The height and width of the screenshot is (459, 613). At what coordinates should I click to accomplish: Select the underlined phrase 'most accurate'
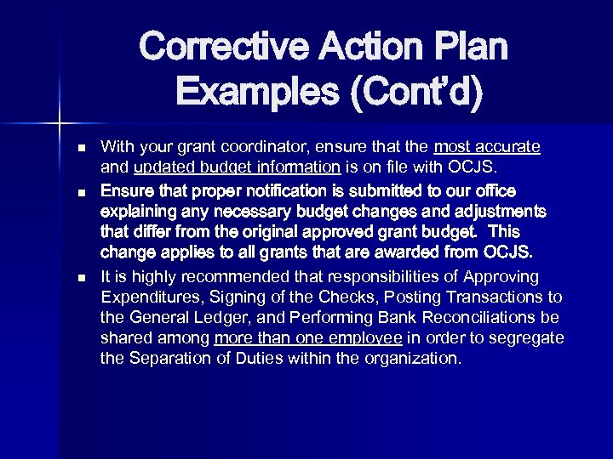487,147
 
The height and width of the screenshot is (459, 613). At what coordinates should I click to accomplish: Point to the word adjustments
497,211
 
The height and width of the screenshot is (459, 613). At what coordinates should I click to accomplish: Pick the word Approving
500,276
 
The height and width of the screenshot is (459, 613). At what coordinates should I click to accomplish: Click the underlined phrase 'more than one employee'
308,337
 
